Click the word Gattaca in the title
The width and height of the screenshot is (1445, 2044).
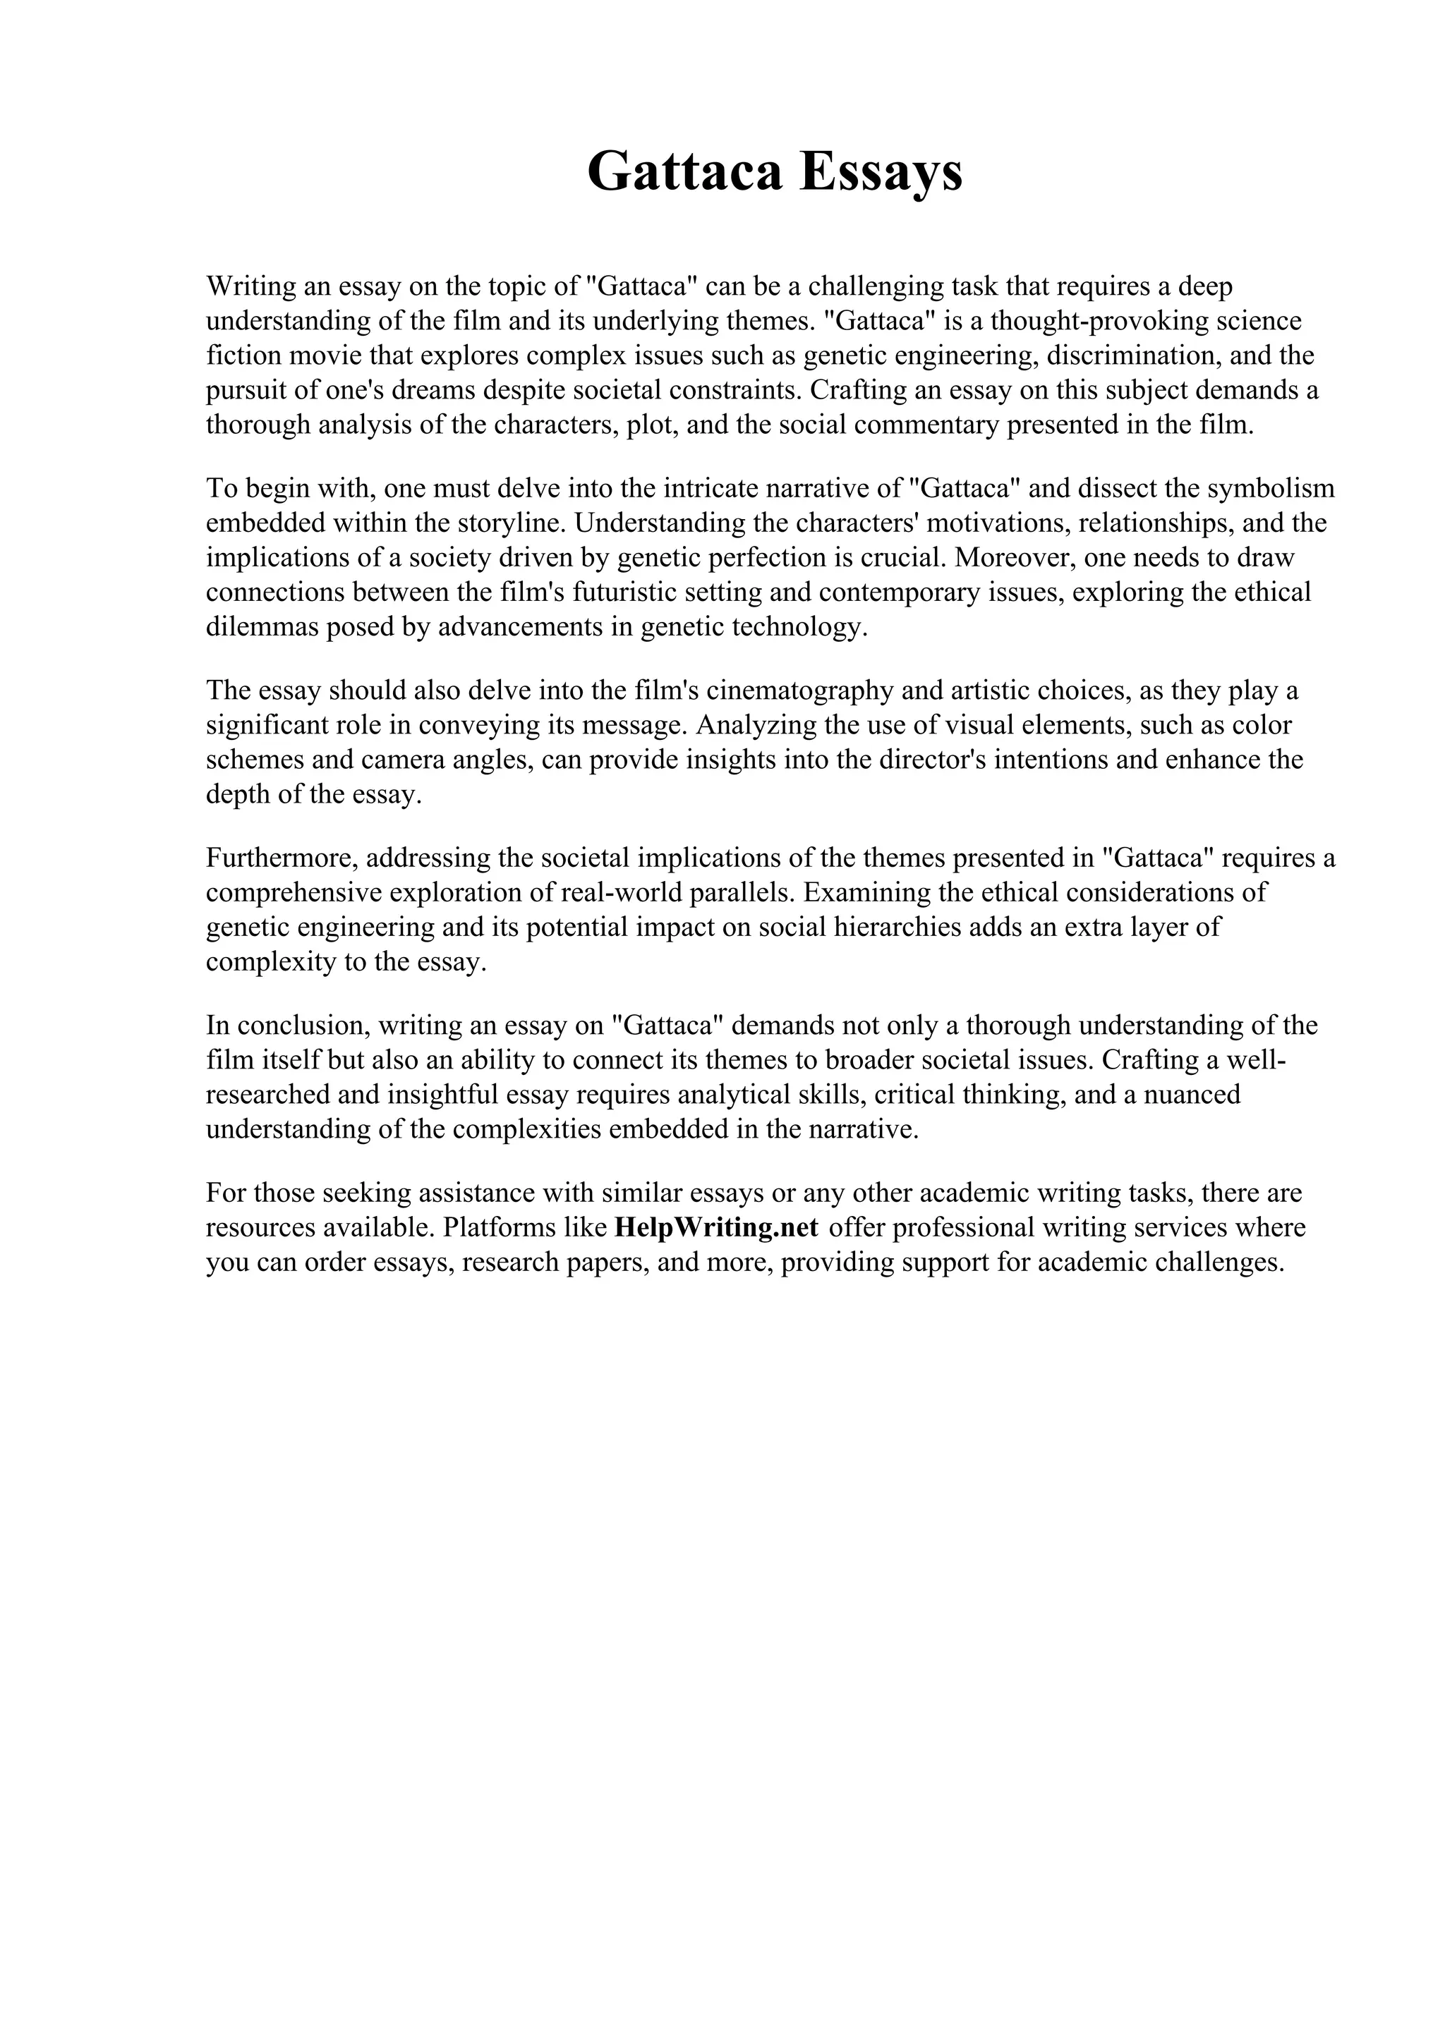(x=684, y=171)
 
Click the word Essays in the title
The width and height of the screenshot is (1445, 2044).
(x=881, y=171)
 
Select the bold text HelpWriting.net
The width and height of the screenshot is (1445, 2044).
(x=716, y=1228)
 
